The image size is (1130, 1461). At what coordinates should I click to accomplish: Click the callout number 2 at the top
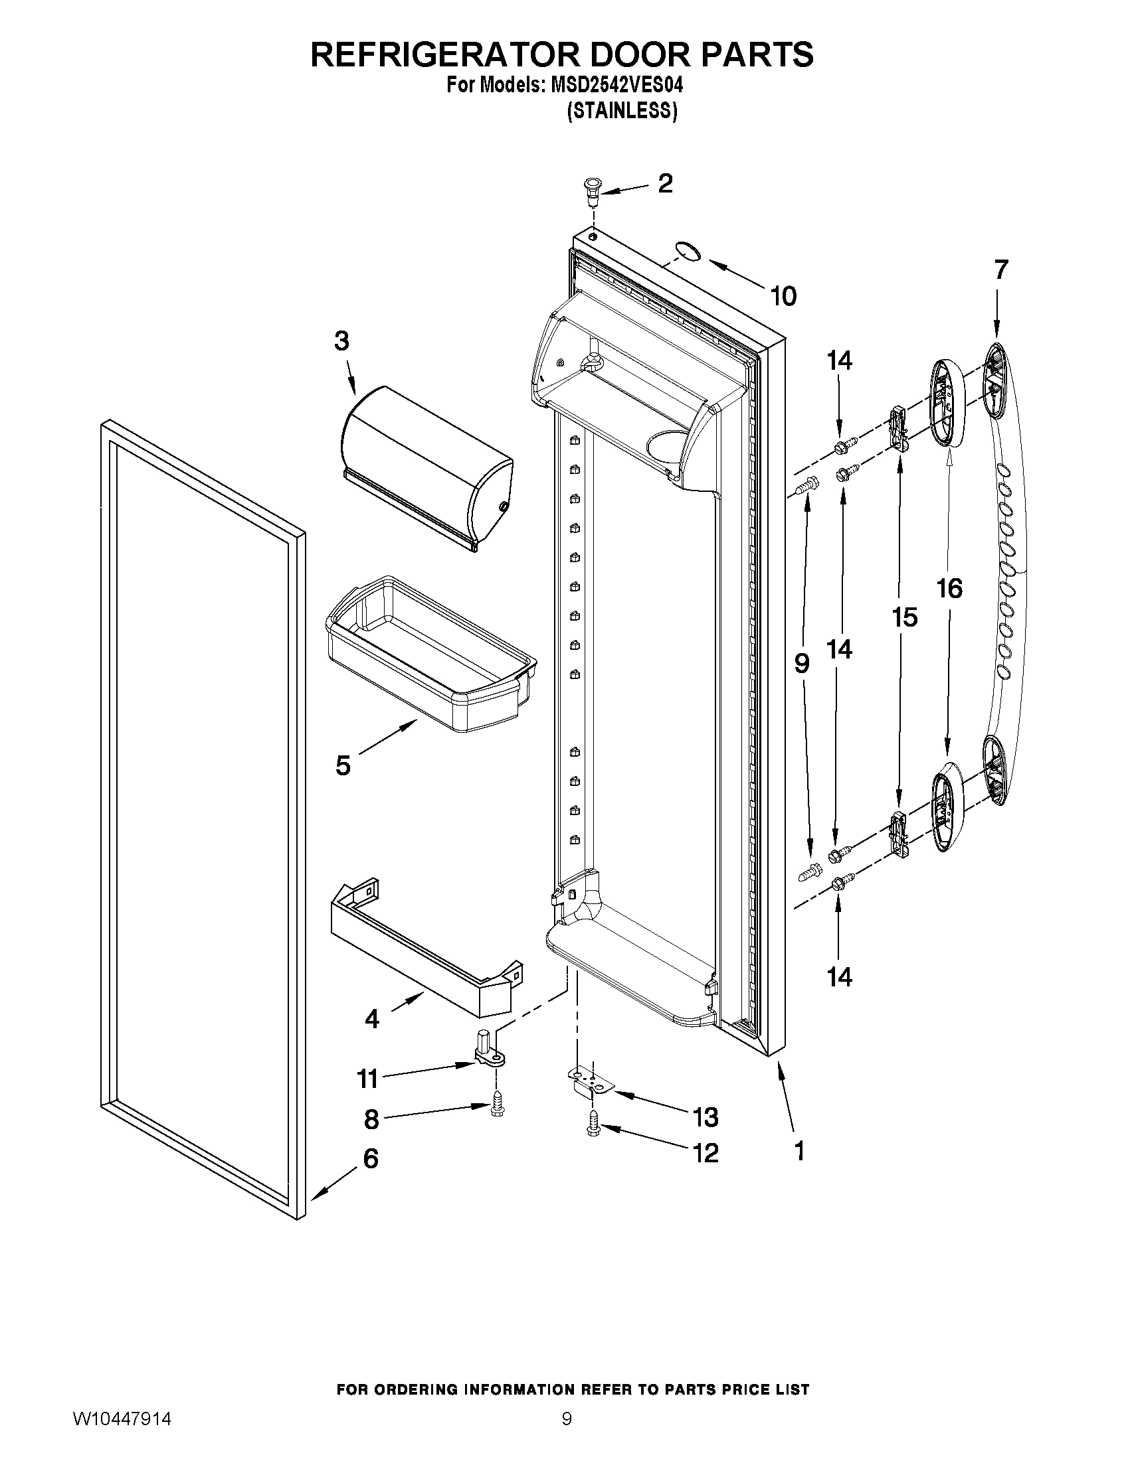664,183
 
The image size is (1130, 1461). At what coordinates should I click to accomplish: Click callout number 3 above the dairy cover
341,341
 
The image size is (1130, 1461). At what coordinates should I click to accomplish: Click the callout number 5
343,765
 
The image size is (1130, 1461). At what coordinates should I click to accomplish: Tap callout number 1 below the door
799,1150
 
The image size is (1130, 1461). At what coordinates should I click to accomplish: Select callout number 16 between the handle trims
949,589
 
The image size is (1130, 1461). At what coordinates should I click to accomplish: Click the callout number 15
904,617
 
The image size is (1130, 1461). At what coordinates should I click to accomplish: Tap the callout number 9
802,663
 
